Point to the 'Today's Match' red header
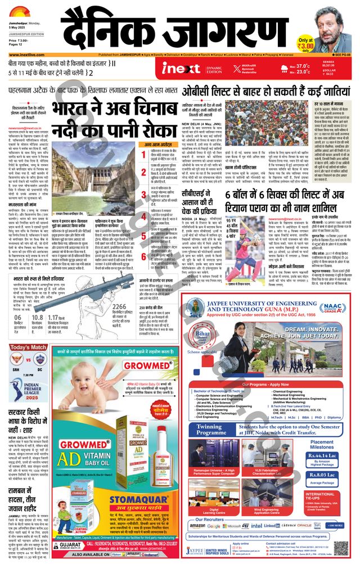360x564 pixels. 23,347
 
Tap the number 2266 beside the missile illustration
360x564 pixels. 119,306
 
